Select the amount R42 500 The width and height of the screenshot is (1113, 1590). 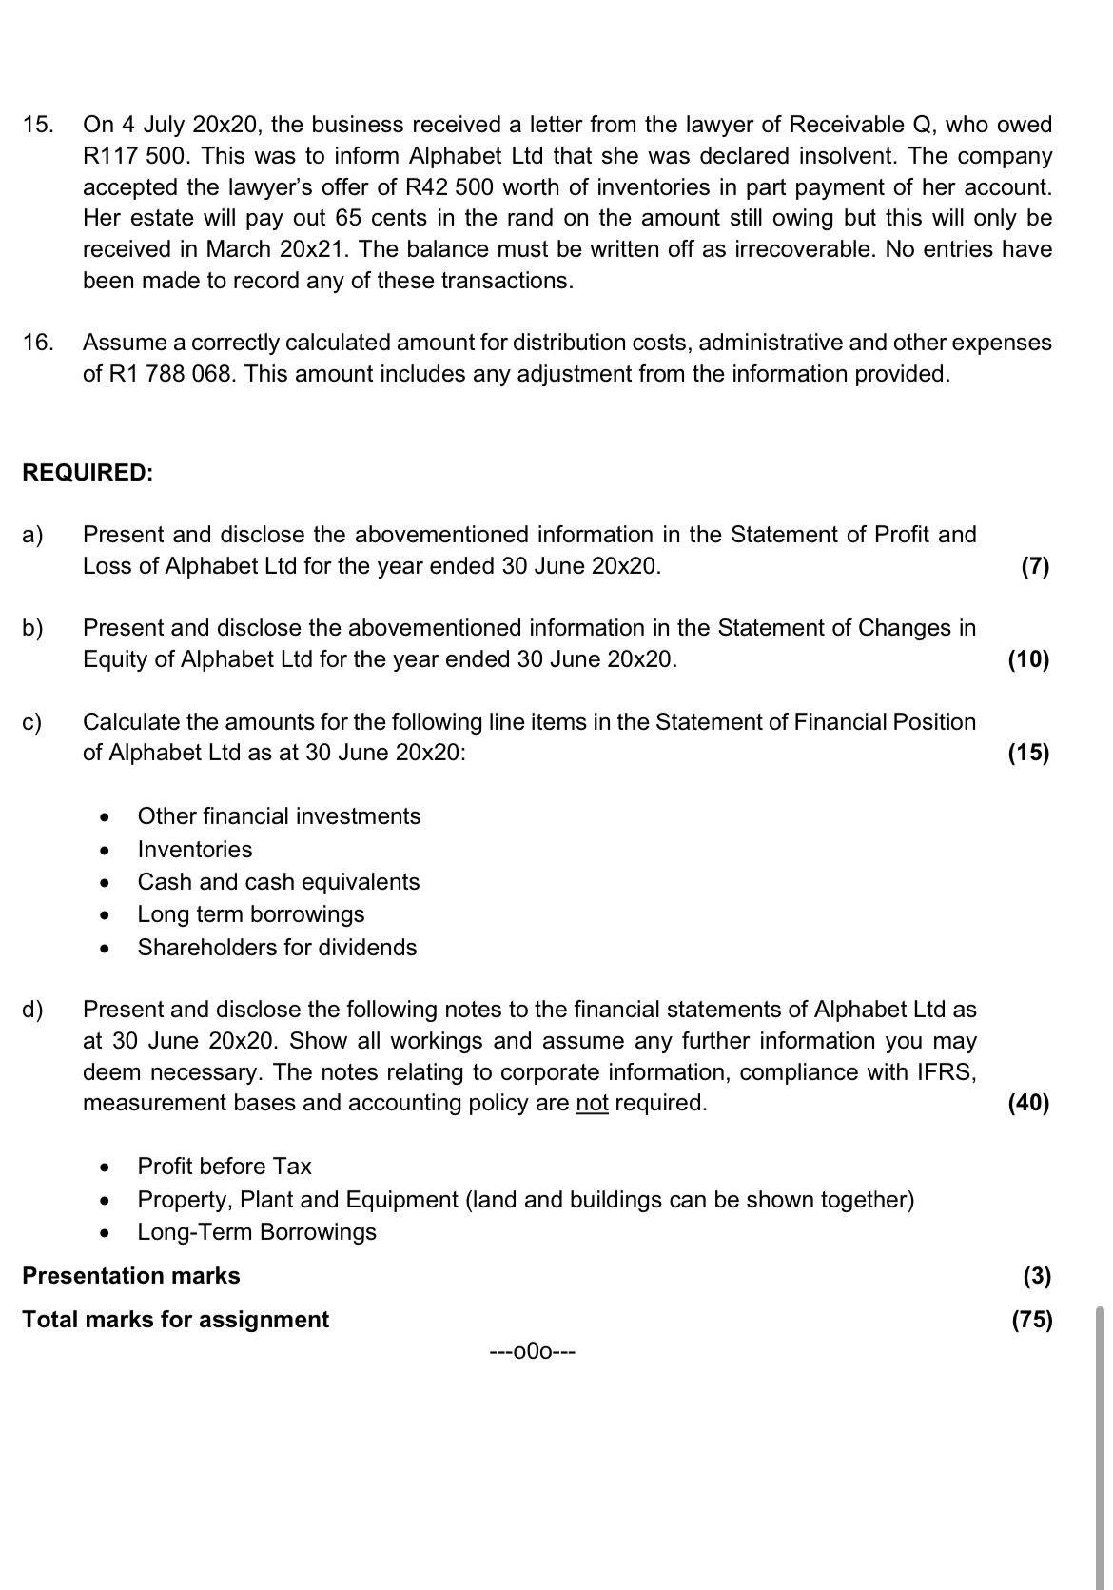[451, 187]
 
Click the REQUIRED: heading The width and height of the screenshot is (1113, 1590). [88, 473]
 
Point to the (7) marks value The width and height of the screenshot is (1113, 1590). [1035, 567]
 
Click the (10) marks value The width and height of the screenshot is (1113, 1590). [1029, 660]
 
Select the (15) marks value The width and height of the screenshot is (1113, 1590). [1029, 754]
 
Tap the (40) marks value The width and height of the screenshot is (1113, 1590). [1029, 1104]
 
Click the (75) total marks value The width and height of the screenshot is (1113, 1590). [1033, 1321]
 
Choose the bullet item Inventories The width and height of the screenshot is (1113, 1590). [195, 850]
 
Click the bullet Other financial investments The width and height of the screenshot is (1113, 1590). [279, 816]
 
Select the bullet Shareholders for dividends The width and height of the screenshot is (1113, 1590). [277, 948]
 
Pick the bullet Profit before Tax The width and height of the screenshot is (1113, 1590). [225, 1167]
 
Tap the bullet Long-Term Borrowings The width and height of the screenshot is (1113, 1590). [257, 1232]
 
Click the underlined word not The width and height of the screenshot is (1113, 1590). [593, 1104]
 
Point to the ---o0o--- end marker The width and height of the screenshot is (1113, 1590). [532, 1351]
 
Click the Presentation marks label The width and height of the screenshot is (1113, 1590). [131, 1276]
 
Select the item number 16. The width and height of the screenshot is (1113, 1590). [38, 343]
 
